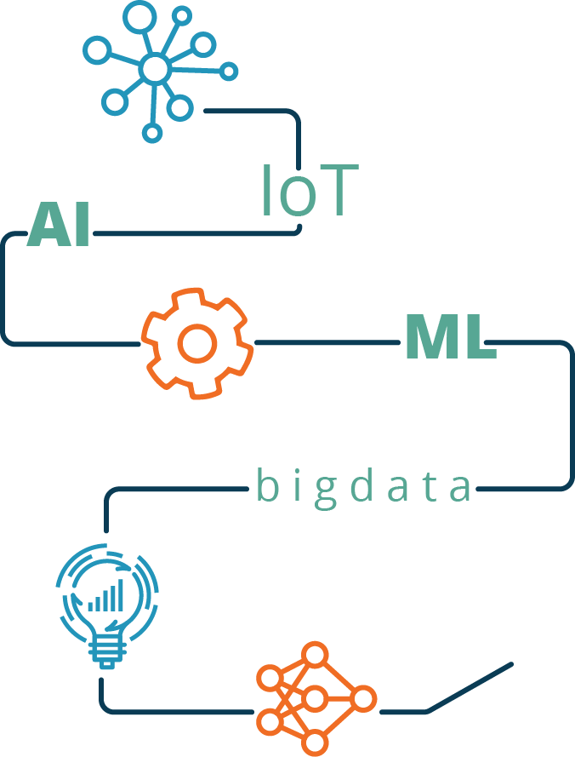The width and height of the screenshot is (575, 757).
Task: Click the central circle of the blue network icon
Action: [x=155, y=68]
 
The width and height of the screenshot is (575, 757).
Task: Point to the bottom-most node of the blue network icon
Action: [x=152, y=132]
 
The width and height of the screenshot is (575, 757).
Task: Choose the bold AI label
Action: [x=59, y=226]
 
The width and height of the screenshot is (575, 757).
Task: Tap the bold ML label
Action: [x=449, y=337]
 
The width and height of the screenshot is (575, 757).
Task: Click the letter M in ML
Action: [x=433, y=337]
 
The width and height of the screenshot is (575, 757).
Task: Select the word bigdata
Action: [x=363, y=487]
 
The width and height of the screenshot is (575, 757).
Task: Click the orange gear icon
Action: [x=197, y=343]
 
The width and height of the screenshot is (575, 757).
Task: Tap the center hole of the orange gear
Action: [x=197, y=343]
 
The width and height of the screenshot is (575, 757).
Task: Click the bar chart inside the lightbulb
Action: [x=107, y=596]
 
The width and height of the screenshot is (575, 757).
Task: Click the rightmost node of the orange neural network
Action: [x=364, y=700]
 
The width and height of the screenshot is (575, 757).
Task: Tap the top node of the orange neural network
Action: [x=316, y=656]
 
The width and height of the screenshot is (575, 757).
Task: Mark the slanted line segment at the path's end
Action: [x=470, y=686]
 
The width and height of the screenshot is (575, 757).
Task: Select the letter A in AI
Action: [x=46, y=226]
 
